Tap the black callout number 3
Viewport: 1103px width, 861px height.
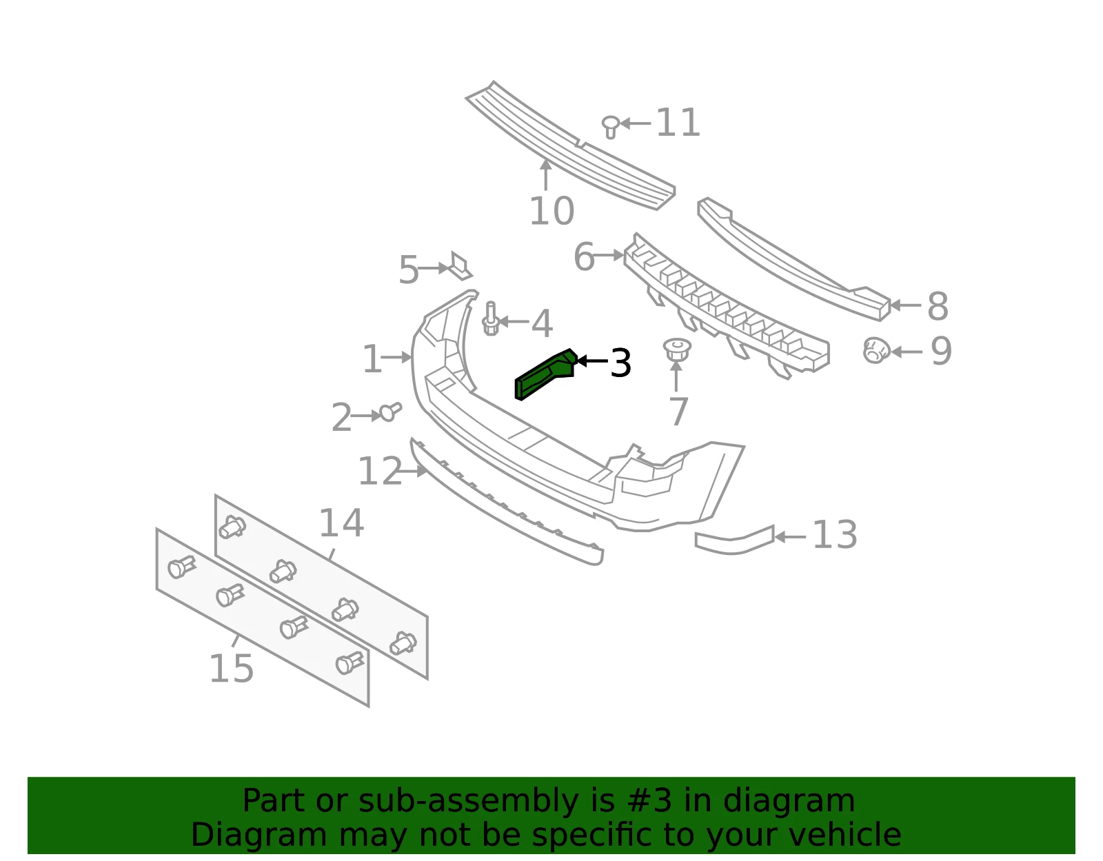620,363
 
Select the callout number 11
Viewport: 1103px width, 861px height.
678,122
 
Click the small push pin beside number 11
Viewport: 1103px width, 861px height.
611,126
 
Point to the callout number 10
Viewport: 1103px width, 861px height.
551,210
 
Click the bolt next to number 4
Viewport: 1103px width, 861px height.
490,318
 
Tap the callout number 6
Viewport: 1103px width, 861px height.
584,256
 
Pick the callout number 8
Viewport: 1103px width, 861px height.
938,306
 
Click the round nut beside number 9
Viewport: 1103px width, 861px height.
876,350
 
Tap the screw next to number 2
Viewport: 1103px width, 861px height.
390,412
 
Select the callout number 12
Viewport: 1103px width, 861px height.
380,471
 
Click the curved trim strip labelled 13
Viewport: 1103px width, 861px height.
734,540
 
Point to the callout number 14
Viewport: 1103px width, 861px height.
341,523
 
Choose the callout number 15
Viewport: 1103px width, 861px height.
231,669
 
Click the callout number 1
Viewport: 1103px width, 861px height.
372,358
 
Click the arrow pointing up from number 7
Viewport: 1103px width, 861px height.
676,376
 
